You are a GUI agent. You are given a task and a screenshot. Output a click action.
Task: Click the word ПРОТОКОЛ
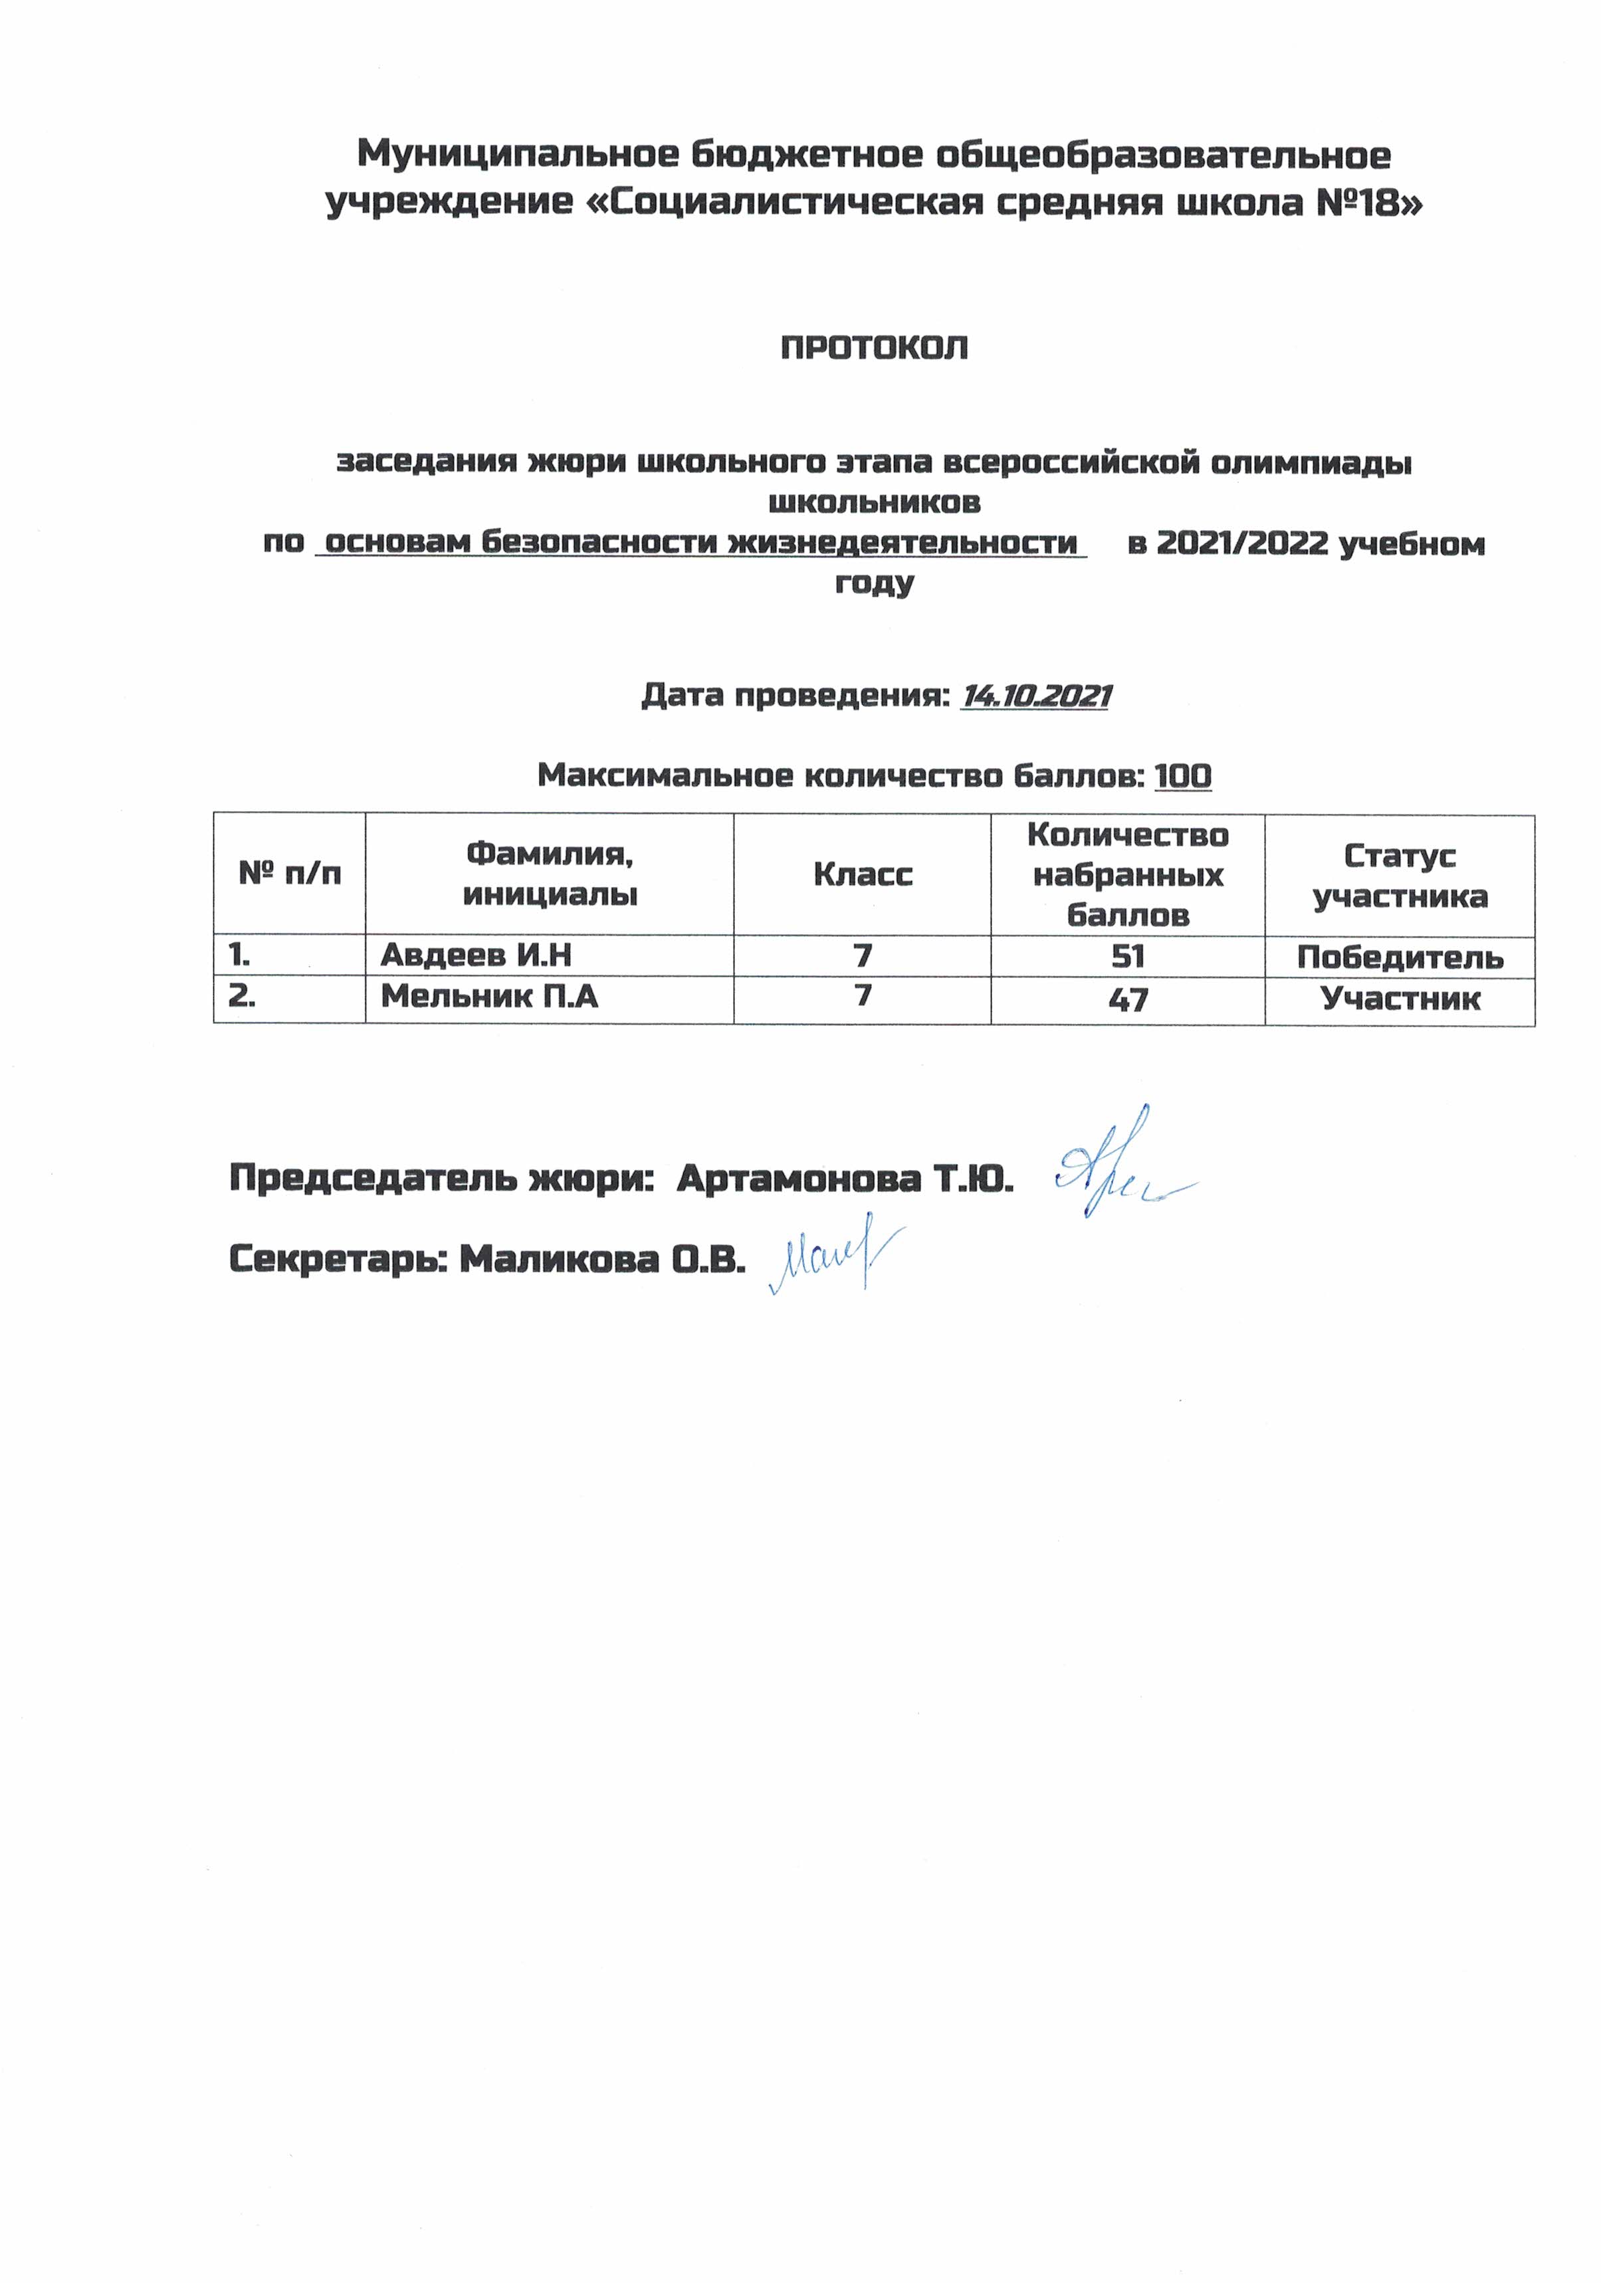[873, 348]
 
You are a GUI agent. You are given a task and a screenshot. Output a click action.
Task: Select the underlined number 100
[1182, 775]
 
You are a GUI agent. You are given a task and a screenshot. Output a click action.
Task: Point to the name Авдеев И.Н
[475, 955]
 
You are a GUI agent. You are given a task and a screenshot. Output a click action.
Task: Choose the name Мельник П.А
[489, 997]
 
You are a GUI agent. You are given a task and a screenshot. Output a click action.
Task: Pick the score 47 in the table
[1128, 999]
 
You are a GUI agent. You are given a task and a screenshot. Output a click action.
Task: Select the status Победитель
[1399, 957]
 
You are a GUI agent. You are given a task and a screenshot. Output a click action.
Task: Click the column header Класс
[862, 875]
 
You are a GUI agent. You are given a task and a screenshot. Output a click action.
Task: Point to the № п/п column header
[289, 874]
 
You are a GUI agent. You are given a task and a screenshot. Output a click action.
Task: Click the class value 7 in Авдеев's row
[862, 955]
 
